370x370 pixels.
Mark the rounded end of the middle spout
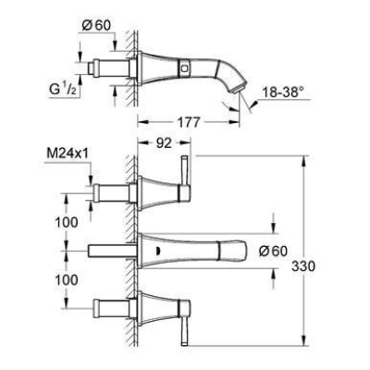pos(242,249)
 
